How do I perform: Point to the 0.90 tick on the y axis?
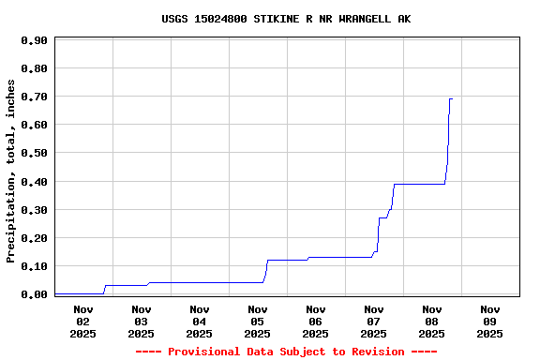34,40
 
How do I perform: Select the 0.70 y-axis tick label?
34,97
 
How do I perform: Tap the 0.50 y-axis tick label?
34,153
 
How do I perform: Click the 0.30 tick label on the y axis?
34,209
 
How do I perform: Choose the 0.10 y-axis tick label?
34,266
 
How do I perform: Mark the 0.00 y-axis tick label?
34,294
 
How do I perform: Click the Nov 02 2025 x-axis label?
82,321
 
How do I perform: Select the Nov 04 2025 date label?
199,321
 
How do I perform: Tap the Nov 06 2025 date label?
315,321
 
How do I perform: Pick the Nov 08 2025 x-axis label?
431,321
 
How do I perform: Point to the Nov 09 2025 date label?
489,321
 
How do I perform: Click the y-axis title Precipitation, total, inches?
11,171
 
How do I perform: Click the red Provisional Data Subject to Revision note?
285,352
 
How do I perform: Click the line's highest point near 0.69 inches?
451,98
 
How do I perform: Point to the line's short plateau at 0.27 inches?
382,217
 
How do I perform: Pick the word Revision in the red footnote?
379,352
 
